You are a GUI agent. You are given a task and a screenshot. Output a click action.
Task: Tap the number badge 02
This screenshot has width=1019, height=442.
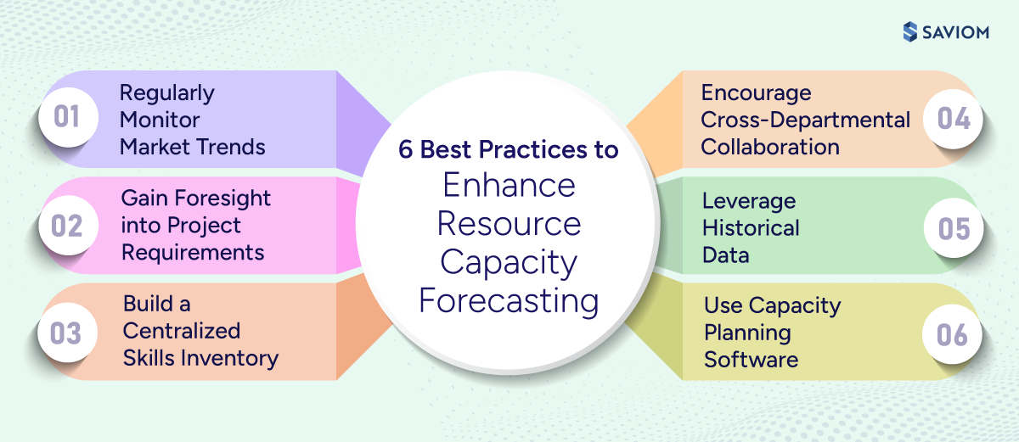pos(66,227)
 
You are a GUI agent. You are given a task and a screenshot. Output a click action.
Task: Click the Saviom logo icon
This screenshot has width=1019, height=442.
pos(910,31)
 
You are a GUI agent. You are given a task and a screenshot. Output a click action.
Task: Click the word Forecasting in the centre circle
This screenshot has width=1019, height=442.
pos(508,301)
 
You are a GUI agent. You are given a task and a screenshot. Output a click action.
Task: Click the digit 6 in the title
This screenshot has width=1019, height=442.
pos(406,150)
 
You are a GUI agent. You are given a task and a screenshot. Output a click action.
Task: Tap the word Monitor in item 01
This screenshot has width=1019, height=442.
pos(160,120)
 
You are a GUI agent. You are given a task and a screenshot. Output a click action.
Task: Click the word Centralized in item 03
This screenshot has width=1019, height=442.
pos(182,331)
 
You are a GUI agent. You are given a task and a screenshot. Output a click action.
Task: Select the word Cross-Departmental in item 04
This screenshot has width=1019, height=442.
pos(805,120)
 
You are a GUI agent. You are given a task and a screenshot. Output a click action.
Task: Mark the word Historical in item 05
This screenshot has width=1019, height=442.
pos(751,228)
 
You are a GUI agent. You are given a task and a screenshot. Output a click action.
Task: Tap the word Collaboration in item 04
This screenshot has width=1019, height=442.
pos(769,147)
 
